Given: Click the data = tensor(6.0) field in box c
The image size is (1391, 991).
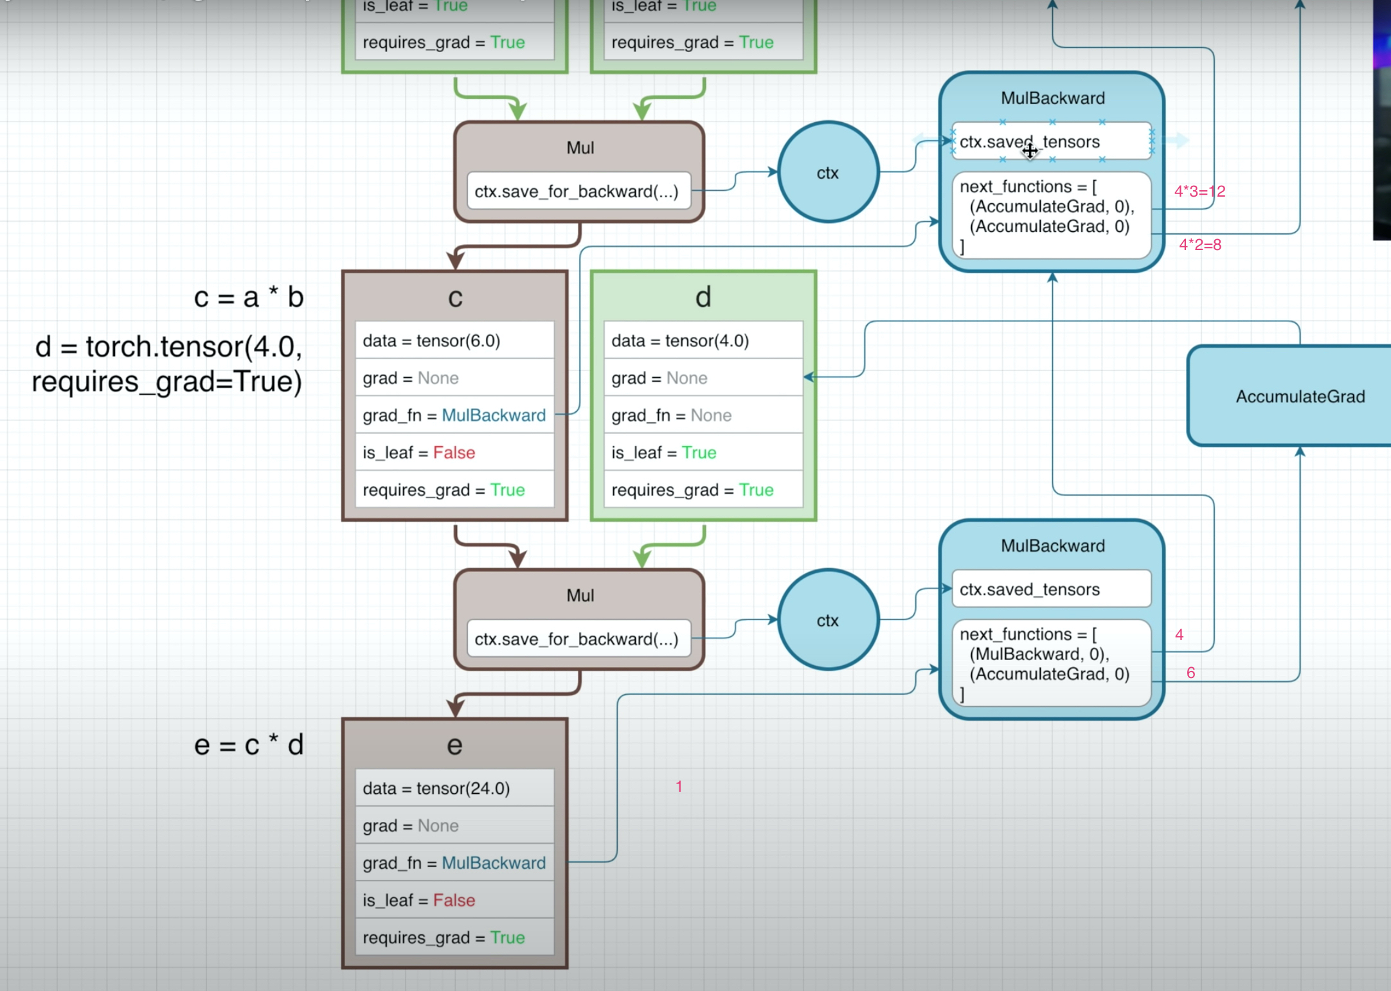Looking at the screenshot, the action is pyautogui.click(x=454, y=341).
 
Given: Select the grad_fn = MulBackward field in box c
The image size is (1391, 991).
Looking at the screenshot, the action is pyautogui.click(x=454, y=415).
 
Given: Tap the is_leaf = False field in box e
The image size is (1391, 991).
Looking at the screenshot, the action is pyautogui.click(x=454, y=900).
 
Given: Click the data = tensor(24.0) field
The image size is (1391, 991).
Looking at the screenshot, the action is pyautogui.click(x=454, y=789).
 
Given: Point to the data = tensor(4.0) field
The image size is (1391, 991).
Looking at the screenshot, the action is pyautogui.click(x=703, y=341).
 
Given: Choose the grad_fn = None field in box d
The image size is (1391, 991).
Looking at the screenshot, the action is pyautogui.click(x=703, y=415).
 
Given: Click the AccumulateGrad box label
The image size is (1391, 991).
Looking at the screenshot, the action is pyautogui.click(x=1300, y=397).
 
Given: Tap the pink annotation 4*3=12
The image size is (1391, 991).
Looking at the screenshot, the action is pyautogui.click(x=1199, y=192).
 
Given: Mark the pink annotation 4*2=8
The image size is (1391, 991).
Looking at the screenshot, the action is pyautogui.click(x=1200, y=245).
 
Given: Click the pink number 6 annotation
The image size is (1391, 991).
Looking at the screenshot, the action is pyautogui.click(x=1190, y=673).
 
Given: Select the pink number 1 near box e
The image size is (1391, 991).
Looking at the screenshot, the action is pyautogui.click(x=679, y=787).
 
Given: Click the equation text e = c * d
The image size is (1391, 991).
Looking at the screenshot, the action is pyautogui.click(x=249, y=745).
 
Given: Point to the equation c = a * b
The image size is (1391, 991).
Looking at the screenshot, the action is pyautogui.click(x=249, y=298).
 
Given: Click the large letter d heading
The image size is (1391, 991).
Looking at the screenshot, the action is pyautogui.click(x=703, y=298).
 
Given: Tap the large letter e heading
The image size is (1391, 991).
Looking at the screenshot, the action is pyautogui.click(x=454, y=745).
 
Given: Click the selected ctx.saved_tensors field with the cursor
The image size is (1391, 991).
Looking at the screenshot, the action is pyautogui.click(x=1052, y=141).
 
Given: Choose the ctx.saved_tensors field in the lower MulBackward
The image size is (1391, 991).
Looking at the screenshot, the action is pyautogui.click(x=1052, y=589).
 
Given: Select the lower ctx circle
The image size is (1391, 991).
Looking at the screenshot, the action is pyautogui.click(x=828, y=620).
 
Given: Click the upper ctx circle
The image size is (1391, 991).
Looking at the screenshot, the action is pyautogui.click(x=828, y=172).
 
